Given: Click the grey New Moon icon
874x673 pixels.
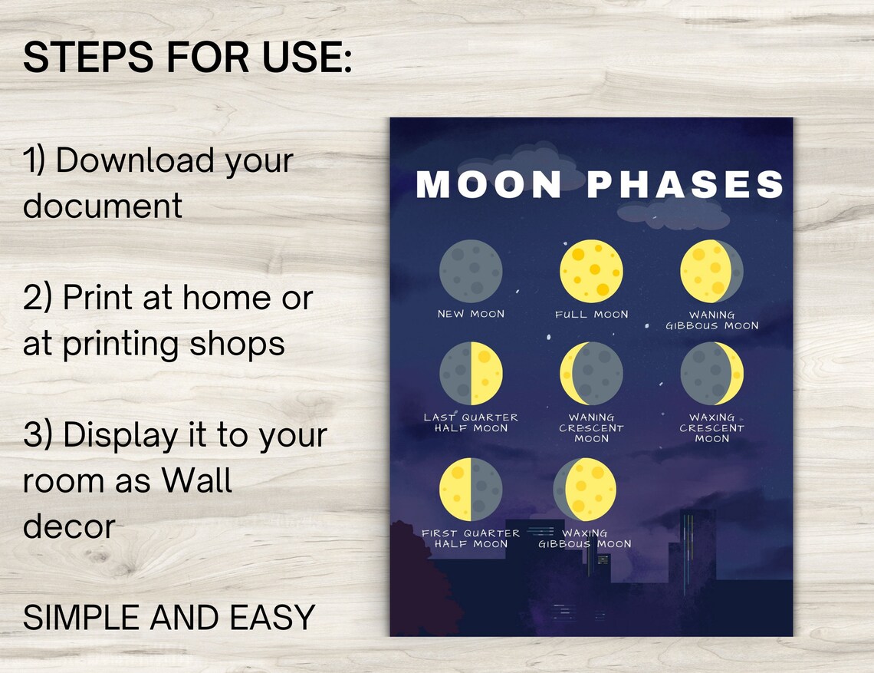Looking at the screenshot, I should (x=471, y=271).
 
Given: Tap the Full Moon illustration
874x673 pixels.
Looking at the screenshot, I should (x=591, y=271).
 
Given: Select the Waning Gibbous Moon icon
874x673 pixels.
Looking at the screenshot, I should (x=711, y=271).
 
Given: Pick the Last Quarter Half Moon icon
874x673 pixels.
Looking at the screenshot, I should (x=471, y=374).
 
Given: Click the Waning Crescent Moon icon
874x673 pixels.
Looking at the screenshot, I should (x=591, y=374).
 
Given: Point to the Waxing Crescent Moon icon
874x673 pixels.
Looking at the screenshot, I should (x=711, y=374).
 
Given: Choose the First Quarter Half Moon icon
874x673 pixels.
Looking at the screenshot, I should (x=471, y=490).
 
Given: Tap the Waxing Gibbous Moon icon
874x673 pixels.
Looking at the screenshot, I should (x=585, y=490).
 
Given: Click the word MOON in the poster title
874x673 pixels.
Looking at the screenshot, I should (x=489, y=185).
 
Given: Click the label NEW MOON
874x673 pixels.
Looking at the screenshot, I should (x=471, y=314).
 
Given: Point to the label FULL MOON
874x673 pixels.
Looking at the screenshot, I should (x=591, y=314).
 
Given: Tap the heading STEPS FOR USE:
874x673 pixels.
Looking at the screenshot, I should (x=188, y=58).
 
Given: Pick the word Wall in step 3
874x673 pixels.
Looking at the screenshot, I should (x=197, y=481).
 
